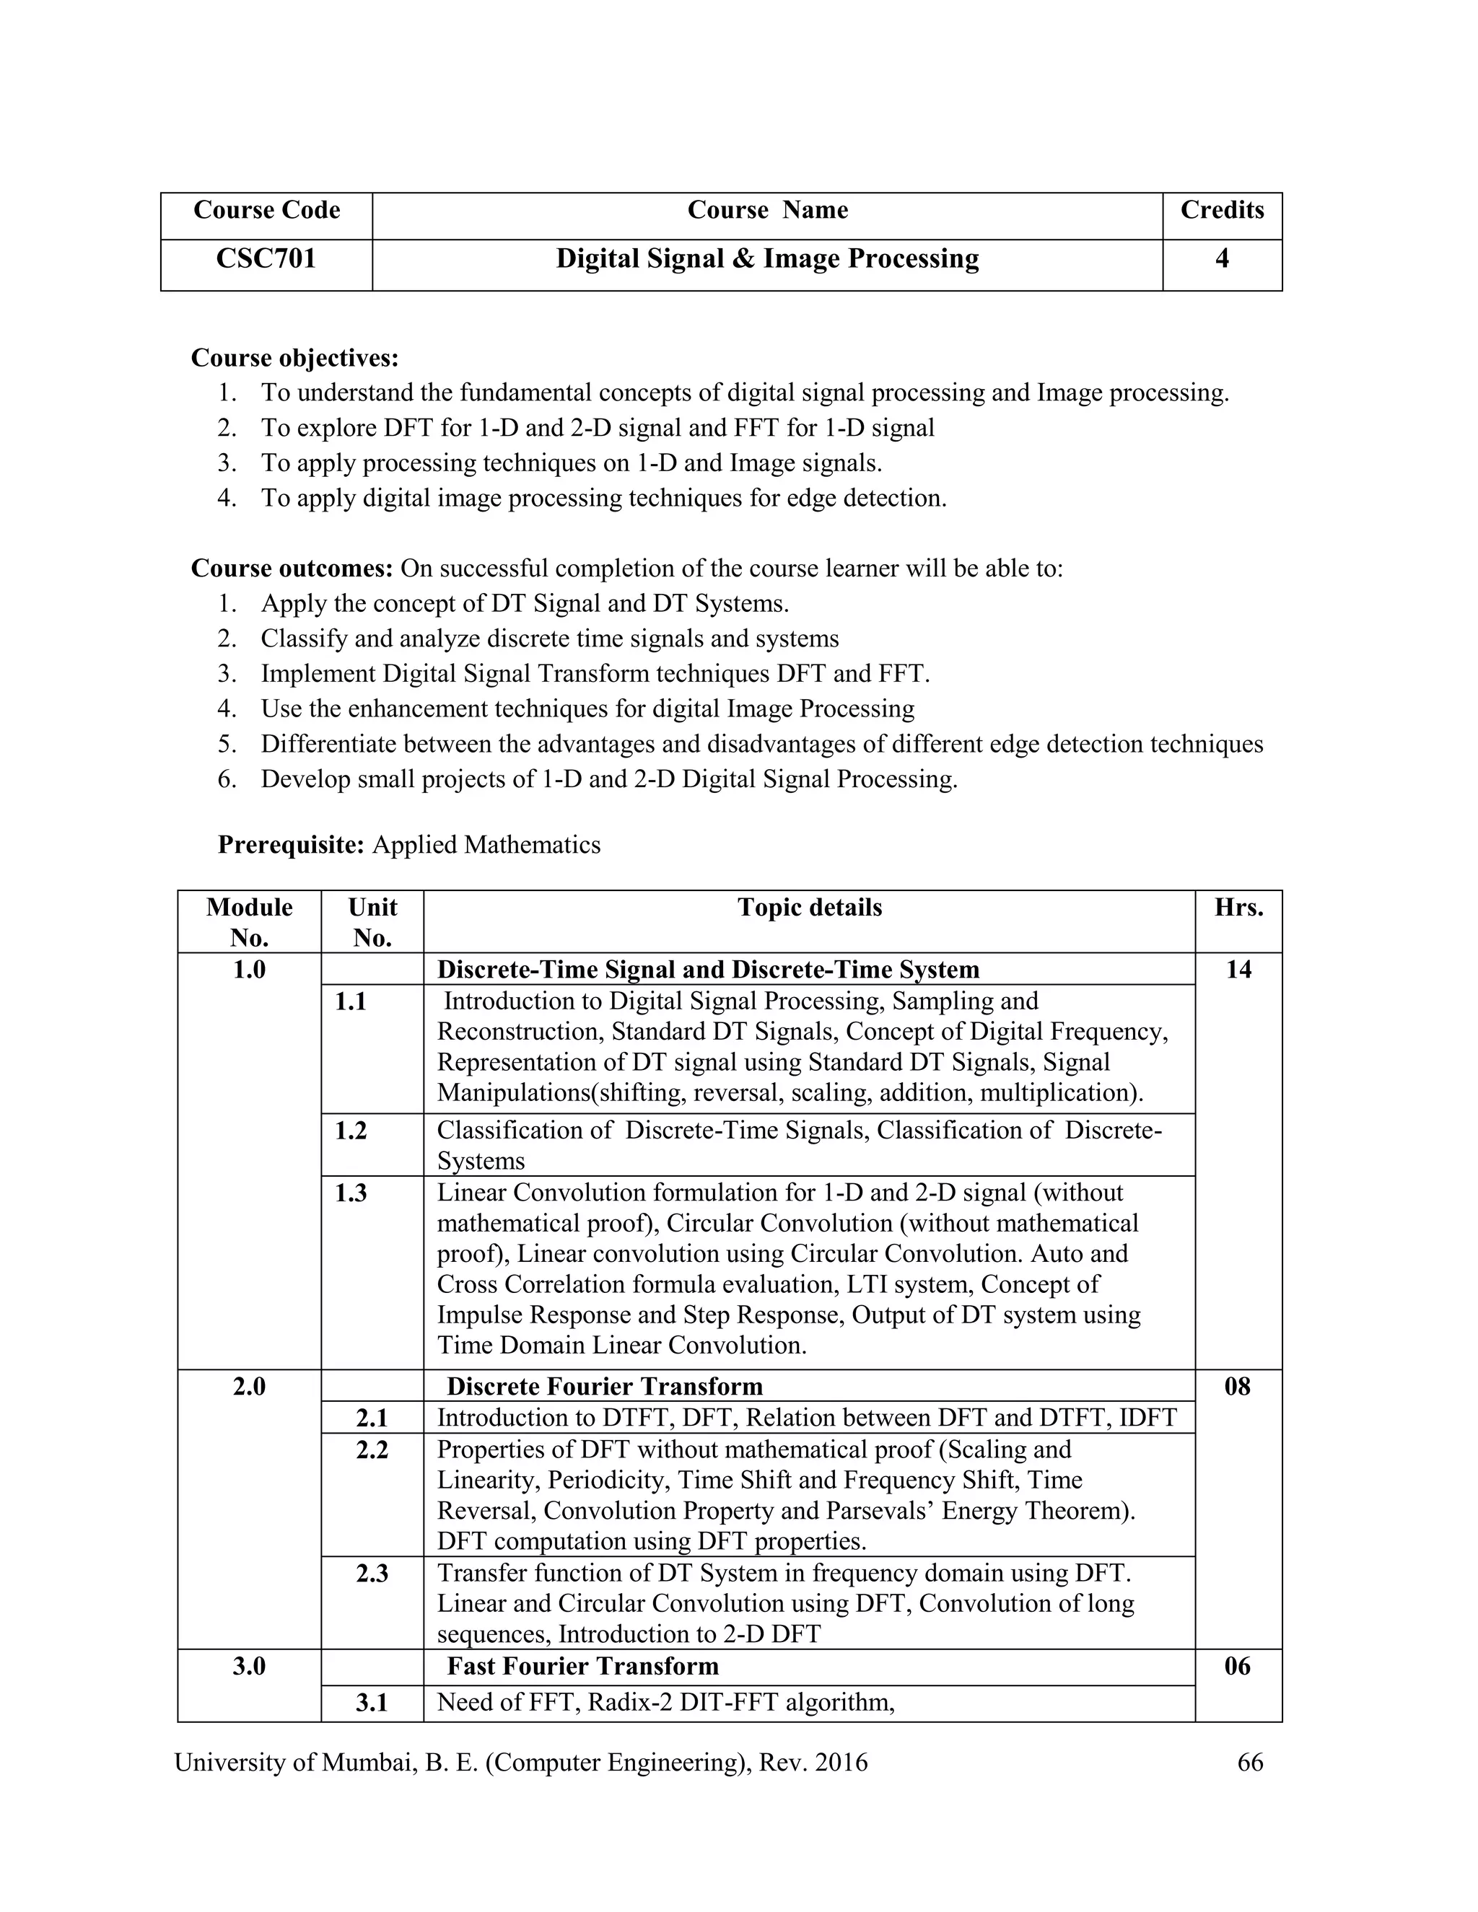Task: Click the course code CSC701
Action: (x=266, y=259)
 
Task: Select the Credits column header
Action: (x=1222, y=210)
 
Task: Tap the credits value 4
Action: (x=1222, y=259)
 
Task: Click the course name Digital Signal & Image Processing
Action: (x=767, y=259)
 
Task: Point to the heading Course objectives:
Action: (x=294, y=358)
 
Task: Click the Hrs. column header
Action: (x=1238, y=908)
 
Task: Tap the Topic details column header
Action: (x=809, y=908)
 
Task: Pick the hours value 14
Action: (x=1238, y=970)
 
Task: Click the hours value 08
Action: (x=1237, y=1387)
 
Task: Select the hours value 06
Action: (x=1237, y=1666)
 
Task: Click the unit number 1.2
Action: (x=351, y=1131)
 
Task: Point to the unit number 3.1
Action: (x=372, y=1703)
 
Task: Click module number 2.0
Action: (x=249, y=1387)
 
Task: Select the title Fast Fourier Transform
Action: (x=582, y=1666)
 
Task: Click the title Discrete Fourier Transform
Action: (x=604, y=1387)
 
